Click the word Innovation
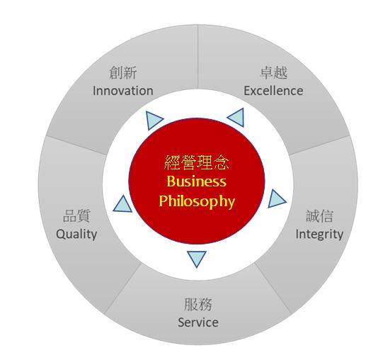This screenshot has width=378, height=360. point(123,91)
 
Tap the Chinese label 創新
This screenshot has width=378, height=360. point(123,72)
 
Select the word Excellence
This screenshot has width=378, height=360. point(273,91)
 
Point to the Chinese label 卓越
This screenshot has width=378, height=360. point(274,72)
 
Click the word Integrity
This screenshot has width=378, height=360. point(319,235)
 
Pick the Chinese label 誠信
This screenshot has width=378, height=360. point(320,216)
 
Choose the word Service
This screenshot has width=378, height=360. point(198,322)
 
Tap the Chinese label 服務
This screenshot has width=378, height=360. point(198,304)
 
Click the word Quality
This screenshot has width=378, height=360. point(76,235)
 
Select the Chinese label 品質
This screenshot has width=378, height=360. point(76,216)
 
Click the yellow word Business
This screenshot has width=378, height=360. point(197,181)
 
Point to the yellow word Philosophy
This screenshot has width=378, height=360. point(197,201)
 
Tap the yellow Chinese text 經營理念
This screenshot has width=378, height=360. point(197,162)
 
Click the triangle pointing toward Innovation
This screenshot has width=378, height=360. point(153,120)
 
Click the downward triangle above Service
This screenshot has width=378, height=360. point(197,258)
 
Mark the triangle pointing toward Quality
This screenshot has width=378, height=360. point(123,205)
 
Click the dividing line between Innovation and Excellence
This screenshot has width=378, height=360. point(197,57)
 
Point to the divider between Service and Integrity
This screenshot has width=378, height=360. point(273,288)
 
